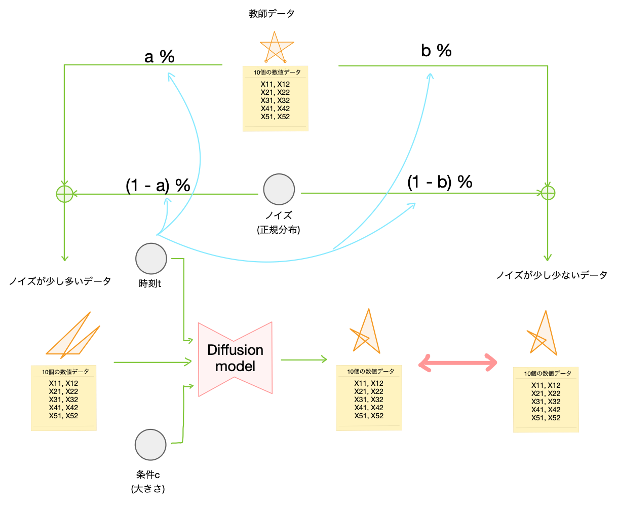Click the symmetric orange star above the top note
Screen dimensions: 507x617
pyautogui.click(x=277, y=47)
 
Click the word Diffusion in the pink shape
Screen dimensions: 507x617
pyautogui.click(x=236, y=350)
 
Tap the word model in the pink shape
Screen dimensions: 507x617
pyautogui.click(x=236, y=366)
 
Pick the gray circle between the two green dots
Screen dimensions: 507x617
pyautogui.click(x=279, y=189)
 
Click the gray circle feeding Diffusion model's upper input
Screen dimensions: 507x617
pyautogui.click(x=151, y=259)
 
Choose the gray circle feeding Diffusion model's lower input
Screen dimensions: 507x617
pyautogui.click(x=150, y=445)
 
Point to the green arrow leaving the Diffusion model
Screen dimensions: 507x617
pyautogui.click(x=304, y=360)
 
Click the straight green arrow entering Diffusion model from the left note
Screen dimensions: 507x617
pyautogui.click(x=152, y=362)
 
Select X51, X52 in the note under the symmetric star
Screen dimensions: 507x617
pyautogui.click(x=275, y=117)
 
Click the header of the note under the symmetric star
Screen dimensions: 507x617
pyautogui.click(x=275, y=73)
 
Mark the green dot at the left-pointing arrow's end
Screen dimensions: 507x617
pyautogui.click(x=64, y=194)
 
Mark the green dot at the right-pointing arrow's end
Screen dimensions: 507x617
pyautogui.click(x=548, y=193)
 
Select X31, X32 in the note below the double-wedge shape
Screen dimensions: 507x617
pyautogui.click(x=63, y=400)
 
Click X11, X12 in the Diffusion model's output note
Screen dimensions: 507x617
pyautogui.click(x=369, y=383)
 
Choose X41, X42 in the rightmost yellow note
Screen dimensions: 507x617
pyautogui.click(x=546, y=410)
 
